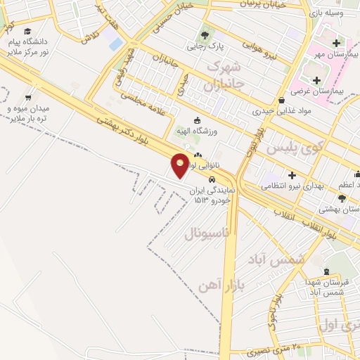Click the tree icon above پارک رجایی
[x=205, y=34]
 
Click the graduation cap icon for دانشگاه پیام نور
[x=27, y=32]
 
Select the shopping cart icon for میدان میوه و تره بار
[x=28, y=98]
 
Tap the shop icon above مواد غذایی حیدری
[x=281, y=100]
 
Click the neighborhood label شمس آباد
[x=276, y=259]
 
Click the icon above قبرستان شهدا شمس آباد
[x=326, y=272]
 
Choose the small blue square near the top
[x=115, y=44]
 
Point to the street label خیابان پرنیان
[x=263, y=4]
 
